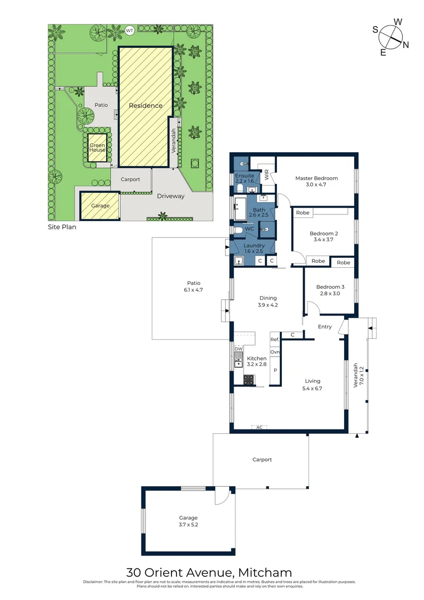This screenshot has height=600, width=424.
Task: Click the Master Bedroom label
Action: tap(316, 178)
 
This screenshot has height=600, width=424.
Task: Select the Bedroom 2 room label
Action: tap(324, 233)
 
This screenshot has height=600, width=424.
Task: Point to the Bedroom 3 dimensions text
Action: tap(330, 293)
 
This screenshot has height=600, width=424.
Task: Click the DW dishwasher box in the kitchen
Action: tap(239, 349)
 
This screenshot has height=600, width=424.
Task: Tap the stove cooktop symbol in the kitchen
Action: tap(248, 380)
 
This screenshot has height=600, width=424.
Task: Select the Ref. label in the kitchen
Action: tap(274, 339)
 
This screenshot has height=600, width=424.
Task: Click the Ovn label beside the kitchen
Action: tap(274, 352)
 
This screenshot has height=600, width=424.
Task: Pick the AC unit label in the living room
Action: tap(259, 427)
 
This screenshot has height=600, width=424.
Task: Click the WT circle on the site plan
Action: tap(130, 30)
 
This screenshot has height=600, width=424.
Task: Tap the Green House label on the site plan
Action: tap(97, 148)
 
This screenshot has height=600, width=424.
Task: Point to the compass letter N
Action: tap(406, 45)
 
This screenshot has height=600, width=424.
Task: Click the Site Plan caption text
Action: tap(62, 227)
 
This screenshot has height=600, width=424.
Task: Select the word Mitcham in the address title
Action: tap(265, 572)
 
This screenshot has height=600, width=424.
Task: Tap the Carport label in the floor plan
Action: tap(262, 459)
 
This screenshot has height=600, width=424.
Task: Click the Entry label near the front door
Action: tap(325, 327)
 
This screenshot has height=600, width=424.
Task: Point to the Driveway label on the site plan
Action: tap(170, 196)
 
